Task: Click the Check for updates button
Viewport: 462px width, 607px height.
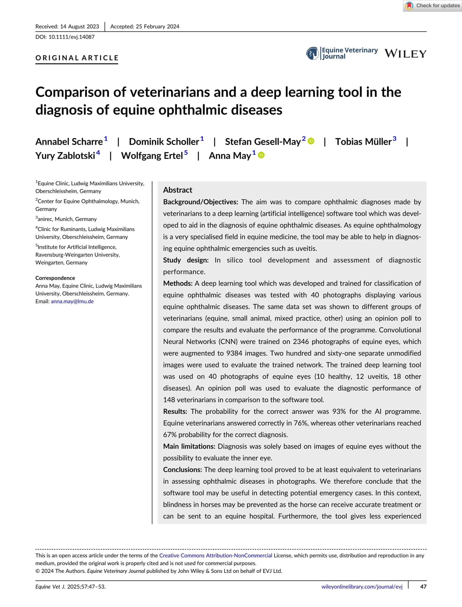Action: [433, 6]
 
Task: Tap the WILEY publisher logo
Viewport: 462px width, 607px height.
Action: [405, 54]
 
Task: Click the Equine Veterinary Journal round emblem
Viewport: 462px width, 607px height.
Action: [312, 53]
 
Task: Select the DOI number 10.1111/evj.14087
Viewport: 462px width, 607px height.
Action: [71, 37]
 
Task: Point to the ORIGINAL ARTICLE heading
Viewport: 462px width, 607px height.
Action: [77, 58]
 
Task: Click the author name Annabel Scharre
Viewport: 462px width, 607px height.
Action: [69, 142]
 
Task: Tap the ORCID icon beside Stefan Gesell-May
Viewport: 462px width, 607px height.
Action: [311, 141]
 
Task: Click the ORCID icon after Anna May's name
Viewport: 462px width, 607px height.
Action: [261, 155]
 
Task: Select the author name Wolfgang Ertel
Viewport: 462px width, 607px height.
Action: [152, 156]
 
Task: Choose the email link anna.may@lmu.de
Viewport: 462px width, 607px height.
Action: [72, 301]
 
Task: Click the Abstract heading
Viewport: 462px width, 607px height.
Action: [177, 190]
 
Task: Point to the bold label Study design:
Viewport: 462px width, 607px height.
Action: [186, 260]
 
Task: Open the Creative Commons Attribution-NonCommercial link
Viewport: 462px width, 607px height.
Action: [216, 556]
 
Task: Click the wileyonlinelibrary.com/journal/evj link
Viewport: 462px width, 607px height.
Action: [362, 587]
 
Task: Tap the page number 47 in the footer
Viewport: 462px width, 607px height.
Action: [423, 587]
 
